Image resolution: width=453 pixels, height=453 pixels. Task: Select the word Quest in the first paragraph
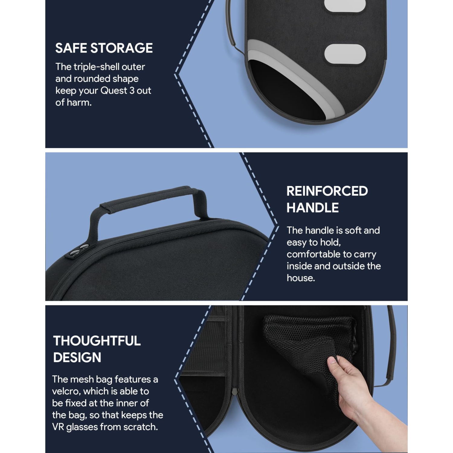click(114, 91)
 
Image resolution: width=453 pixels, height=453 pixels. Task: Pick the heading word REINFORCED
click(327, 191)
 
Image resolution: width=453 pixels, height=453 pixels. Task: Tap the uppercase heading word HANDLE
click(313, 208)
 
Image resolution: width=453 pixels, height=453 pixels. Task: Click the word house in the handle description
click(300, 278)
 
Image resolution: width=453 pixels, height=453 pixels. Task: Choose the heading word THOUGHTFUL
click(97, 341)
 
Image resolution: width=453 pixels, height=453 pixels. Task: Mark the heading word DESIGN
click(77, 358)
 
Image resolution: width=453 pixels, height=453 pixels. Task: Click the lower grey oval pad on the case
click(345, 54)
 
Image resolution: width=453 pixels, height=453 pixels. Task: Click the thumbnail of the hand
click(332, 360)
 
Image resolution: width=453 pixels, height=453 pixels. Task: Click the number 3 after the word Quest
click(132, 91)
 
